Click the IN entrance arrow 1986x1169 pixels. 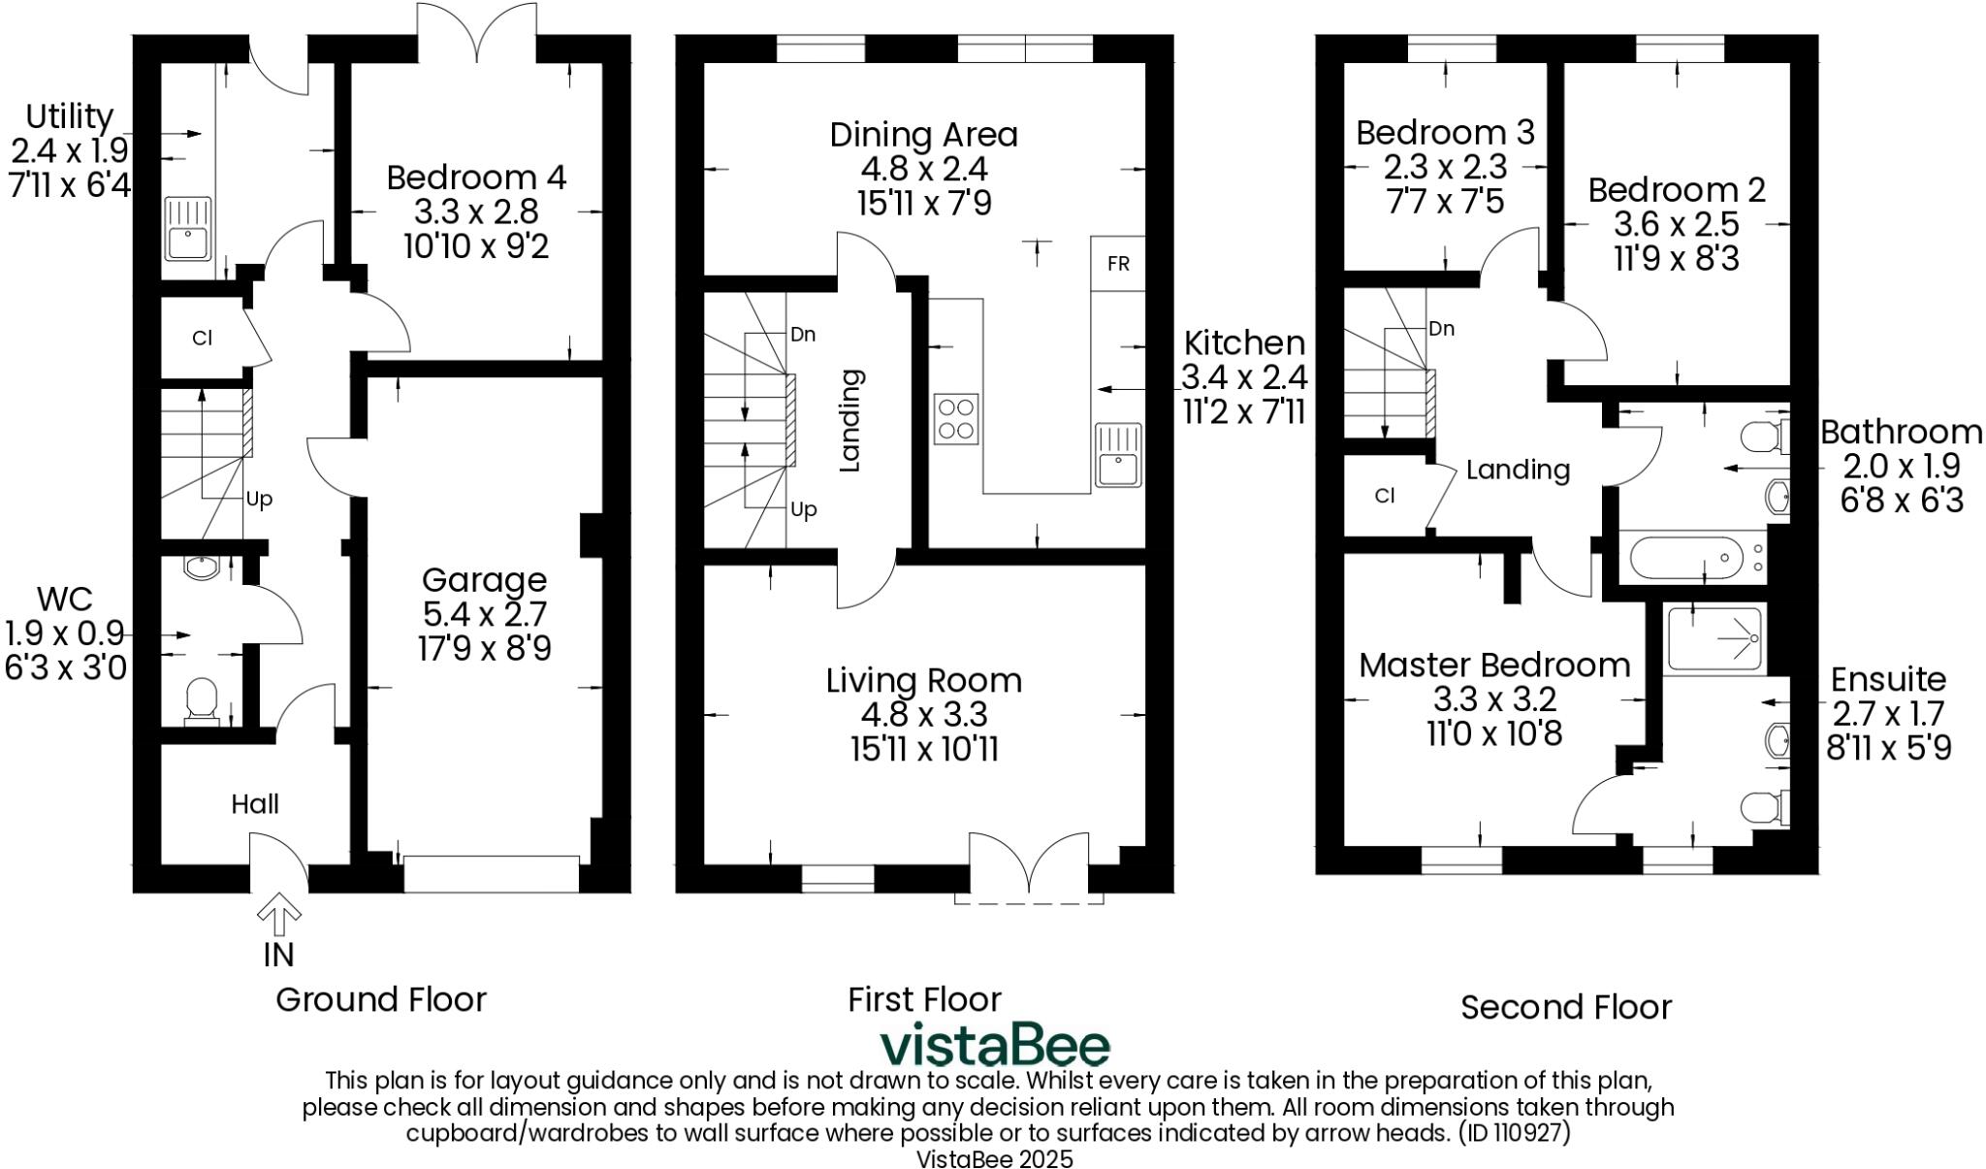coord(278,911)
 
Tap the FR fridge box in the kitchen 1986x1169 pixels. coord(1118,263)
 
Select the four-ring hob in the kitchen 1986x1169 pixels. coord(956,419)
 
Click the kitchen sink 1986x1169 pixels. coord(1119,454)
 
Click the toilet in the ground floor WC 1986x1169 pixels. coord(201,698)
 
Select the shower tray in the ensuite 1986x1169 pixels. coord(1714,637)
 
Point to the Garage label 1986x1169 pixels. coord(484,580)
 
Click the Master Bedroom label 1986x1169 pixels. coord(1493,666)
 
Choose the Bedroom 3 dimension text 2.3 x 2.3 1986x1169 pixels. coord(1445,167)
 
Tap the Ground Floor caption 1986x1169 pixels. coord(381,999)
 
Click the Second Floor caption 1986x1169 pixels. coord(1566,1007)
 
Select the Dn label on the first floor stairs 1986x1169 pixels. coord(803,335)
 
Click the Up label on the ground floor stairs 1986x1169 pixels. coord(259,499)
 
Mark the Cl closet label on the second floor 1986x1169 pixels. coord(1385,496)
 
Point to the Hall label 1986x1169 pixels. coord(255,803)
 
